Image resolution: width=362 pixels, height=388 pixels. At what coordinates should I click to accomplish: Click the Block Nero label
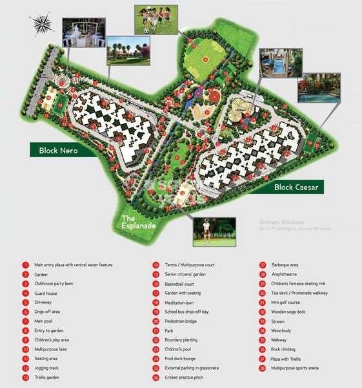[x=58, y=150]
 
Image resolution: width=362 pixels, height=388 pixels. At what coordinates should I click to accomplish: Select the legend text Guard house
[x=47, y=293]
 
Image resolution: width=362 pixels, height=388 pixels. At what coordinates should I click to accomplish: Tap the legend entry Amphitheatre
[x=285, y=274]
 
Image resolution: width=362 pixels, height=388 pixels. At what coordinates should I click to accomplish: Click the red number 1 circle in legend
[x=25, y=264]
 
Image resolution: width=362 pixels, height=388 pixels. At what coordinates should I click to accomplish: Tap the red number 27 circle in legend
[x=263, y=264]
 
